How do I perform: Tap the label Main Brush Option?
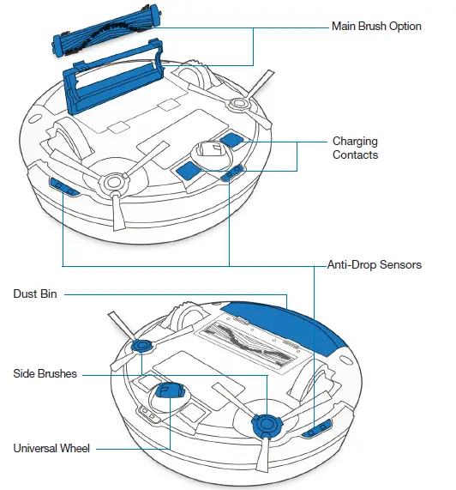click(x=376, y=27)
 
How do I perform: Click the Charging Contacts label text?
click(x=355, y=148)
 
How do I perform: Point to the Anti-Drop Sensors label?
click(x=374, y=265)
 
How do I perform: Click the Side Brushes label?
click(x=45, y=374)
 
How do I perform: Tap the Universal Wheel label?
click(x=52, y=448)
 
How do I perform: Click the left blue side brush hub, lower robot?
click(x=141, y=346)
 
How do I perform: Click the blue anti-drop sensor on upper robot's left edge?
click(x=60, y=185)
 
